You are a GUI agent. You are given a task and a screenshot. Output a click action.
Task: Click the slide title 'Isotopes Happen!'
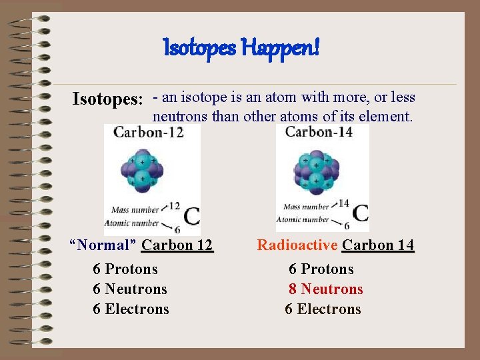point(241,47)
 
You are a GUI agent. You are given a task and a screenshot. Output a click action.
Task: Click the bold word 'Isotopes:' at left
point(108,100)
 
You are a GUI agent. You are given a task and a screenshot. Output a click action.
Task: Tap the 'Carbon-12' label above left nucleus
point(148,132)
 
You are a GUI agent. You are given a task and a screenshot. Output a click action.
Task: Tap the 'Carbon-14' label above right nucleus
point(319,131)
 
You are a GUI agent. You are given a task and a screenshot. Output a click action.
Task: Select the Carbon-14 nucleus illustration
point(313,171)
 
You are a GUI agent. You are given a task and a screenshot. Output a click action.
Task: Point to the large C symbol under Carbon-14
point(360,213)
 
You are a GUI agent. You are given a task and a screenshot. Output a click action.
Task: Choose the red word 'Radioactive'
point(297,245)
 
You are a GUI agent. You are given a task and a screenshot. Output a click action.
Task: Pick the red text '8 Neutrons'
point(325,289)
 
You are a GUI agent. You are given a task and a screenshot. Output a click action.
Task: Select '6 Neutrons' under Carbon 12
point(130,289)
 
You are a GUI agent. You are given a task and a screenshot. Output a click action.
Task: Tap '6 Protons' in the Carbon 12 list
point(125,269)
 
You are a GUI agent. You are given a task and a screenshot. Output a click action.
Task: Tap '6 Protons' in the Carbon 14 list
point(321,269)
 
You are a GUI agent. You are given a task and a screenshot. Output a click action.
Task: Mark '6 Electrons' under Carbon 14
point(323,309)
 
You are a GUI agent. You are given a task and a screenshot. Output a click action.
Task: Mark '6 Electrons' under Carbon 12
point(131,309)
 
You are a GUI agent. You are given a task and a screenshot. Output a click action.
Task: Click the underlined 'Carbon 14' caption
point(378,245)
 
